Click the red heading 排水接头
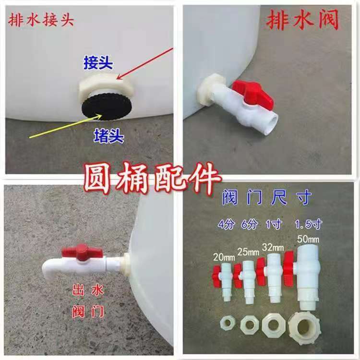tap(41, 22)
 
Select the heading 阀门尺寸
tap(268, 197)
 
